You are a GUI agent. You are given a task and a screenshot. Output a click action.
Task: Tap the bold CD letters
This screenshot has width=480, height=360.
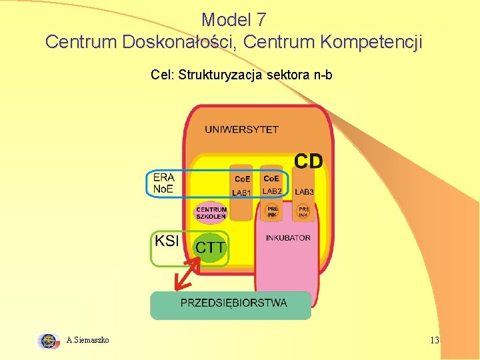308,161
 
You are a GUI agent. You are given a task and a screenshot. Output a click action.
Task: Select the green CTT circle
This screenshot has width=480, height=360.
210,248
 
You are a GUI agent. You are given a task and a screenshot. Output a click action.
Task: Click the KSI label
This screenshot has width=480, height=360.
167,241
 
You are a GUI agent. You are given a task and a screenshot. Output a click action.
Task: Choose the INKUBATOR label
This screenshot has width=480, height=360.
288,238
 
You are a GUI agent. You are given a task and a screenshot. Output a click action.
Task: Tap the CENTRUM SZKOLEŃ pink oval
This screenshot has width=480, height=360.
211,213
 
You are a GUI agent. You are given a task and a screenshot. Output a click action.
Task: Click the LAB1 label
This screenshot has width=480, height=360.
241,193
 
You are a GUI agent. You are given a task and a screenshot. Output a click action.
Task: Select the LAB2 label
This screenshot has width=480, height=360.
272,191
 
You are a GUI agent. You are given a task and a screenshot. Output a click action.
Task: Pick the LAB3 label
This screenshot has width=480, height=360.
304,192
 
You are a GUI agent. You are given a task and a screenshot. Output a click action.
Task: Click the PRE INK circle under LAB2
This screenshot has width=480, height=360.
272,212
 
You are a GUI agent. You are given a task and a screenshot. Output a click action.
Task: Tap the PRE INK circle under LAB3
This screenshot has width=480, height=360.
304,212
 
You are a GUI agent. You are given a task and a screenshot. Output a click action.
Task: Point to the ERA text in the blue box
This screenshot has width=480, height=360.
163,177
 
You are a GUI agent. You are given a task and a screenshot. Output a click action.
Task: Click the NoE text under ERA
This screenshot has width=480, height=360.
163,189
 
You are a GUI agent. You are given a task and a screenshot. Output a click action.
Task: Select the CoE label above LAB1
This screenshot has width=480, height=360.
241,179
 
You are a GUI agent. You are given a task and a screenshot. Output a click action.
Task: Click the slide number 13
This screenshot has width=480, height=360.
435,341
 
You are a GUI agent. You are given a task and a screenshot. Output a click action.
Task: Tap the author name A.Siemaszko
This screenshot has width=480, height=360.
88,341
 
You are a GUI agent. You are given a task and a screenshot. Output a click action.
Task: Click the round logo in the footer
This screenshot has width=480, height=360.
48,341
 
